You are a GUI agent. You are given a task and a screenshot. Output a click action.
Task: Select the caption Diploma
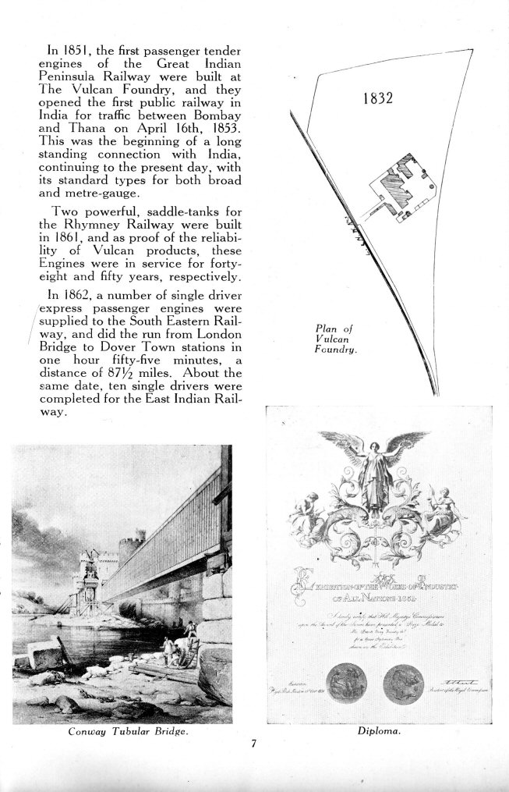point(379,733)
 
